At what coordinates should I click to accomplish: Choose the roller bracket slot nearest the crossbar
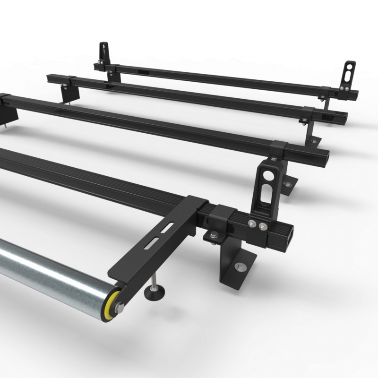click(x=163, y=229)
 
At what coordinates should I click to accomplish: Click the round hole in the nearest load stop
click(x=268, y=175)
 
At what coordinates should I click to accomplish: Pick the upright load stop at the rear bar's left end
click(x=103, y=53)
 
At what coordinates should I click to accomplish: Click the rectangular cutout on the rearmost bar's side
click(x=142, y=73)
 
